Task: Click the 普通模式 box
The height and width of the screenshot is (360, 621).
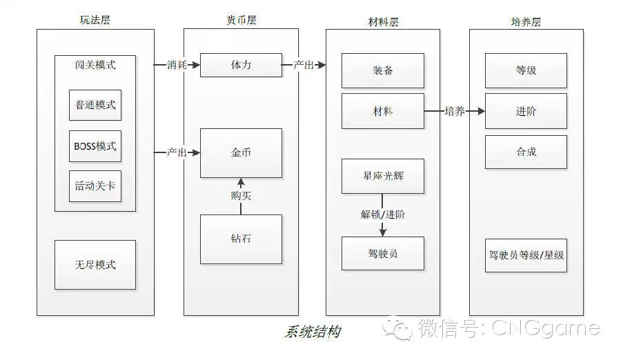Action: click(x=95, y=106)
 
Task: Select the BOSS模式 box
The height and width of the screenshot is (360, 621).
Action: click(x=95, y=146)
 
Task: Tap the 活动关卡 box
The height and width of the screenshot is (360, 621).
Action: click(x=95, y=186)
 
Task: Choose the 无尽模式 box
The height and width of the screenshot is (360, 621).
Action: click(x=95, y=264)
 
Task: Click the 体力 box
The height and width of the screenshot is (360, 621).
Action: click(x=241, y=65)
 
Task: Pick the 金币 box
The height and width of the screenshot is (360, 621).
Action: click(x=241, y=152)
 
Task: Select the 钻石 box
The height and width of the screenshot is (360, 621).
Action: click(x=241, y=239)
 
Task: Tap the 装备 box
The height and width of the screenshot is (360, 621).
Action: click(x=382, y=70)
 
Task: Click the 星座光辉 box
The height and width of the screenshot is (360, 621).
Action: click(x=382, y=176)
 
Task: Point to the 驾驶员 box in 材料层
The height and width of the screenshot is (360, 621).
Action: click(x=382, y=254)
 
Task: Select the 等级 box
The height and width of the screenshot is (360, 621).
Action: click(x=526, y=70)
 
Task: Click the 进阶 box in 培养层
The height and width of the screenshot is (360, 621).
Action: click(x=526, y=111)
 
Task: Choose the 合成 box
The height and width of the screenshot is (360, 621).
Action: click(x=526, y=152)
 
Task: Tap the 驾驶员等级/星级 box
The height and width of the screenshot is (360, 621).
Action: click(x=526, y=254)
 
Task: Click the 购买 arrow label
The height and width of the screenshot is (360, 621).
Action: click(x=241, y=196)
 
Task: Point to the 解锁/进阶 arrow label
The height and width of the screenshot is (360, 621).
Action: click(x=383, y=214)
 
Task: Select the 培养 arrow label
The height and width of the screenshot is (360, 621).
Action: click(x=454, y=111)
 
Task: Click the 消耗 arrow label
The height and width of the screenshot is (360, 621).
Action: click(x=177, y=65)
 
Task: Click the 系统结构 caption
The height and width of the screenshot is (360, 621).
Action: click(x=312, y=332)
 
